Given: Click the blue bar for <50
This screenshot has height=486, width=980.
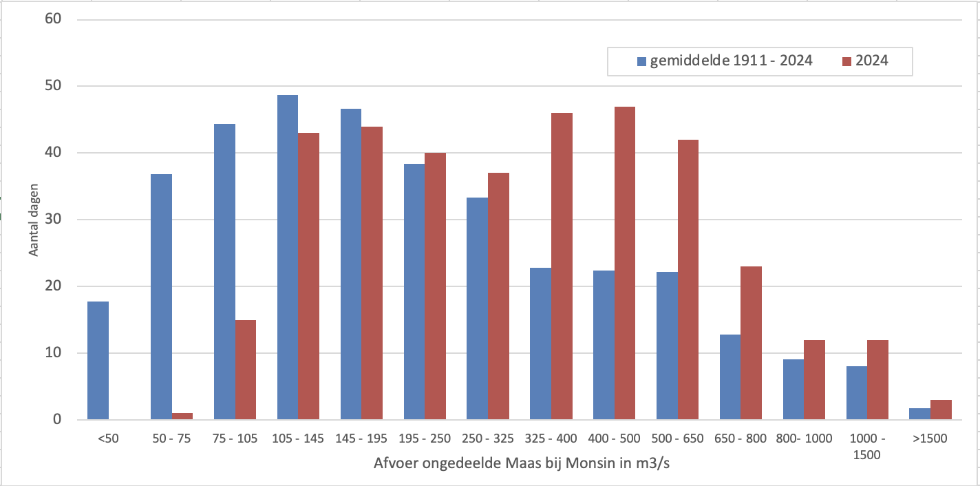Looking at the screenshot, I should click(x=98, y=361).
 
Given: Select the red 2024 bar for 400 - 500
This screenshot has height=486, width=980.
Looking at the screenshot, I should click(x=625, y=263).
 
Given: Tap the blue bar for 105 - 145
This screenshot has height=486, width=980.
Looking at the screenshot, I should click(x=288, y=257).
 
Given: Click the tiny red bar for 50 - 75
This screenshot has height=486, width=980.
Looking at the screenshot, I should click(x=182, y=416).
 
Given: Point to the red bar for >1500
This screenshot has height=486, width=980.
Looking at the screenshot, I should click(x=941, y=410).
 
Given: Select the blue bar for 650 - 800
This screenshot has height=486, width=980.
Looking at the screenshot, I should click(x=729, y=377).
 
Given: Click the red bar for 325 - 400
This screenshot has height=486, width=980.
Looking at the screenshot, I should click(x=562, y=266).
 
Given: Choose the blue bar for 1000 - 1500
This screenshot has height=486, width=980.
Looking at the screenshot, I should click(x=856, y=392).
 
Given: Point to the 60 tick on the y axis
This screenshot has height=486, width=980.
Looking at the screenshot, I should click(x=54, y=19).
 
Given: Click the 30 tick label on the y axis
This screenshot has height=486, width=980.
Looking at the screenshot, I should click(x=54, y=220).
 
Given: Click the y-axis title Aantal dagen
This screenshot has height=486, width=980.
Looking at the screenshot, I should click(x=34, y=220).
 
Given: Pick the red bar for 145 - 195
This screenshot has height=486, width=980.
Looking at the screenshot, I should click(x=372, y=273).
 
